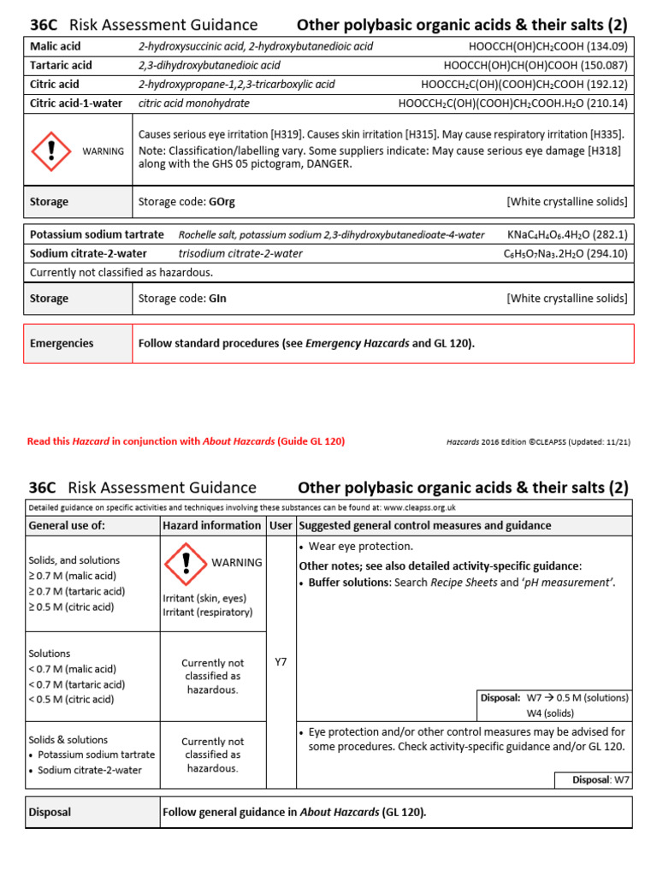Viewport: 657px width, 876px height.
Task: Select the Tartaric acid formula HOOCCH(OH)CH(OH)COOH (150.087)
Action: tap(536, 65)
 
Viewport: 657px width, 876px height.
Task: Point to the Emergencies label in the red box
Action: tap(62, 343)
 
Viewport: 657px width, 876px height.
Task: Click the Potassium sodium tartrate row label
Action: tap(97, 234)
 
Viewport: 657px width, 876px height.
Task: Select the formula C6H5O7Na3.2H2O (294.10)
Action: tap(565, 253)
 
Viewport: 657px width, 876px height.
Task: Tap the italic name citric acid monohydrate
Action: tap(194, 103)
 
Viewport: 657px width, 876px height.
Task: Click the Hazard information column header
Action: tap(211, 525)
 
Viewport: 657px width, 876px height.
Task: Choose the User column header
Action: tap(280, 525)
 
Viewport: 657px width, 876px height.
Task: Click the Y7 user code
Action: tap(281, 661)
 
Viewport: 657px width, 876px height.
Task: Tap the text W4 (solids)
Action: tap(550, 713)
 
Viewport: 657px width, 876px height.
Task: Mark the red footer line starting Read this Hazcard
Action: tap(186, 441)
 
